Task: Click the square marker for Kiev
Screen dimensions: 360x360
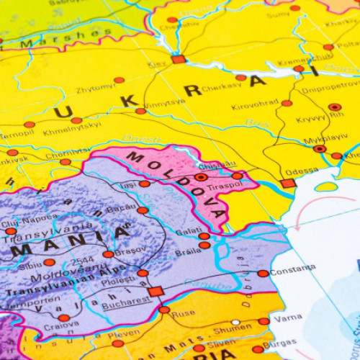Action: [x=178, y=59]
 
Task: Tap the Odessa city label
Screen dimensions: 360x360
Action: [x=302, y=171]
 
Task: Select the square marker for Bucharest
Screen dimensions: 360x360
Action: [x=156, y=292]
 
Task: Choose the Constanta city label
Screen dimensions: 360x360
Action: [x=293, y=269]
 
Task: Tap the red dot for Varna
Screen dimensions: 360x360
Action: [x=264, y=321]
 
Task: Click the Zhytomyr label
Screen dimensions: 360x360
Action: [x=96, y=89]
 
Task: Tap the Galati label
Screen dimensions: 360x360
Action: [x=187, y=231]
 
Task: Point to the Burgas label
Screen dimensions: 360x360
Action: [x=279, y=343]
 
